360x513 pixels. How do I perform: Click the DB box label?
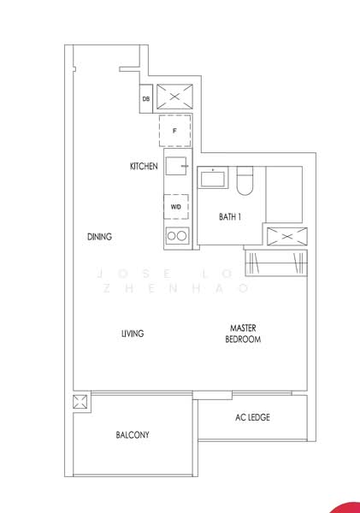146,99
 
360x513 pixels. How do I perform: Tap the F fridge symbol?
174,131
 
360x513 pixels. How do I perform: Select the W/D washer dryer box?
175,207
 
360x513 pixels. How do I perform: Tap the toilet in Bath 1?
245,182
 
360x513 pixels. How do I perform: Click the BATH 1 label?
229,217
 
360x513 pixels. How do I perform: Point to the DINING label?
100,237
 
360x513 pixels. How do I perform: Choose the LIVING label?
132,333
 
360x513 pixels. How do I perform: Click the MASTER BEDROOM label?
243,333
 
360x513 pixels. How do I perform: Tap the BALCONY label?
133,435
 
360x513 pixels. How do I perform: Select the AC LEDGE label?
252,418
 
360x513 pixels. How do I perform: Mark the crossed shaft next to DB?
175,97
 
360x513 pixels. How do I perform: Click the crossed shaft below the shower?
285,237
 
